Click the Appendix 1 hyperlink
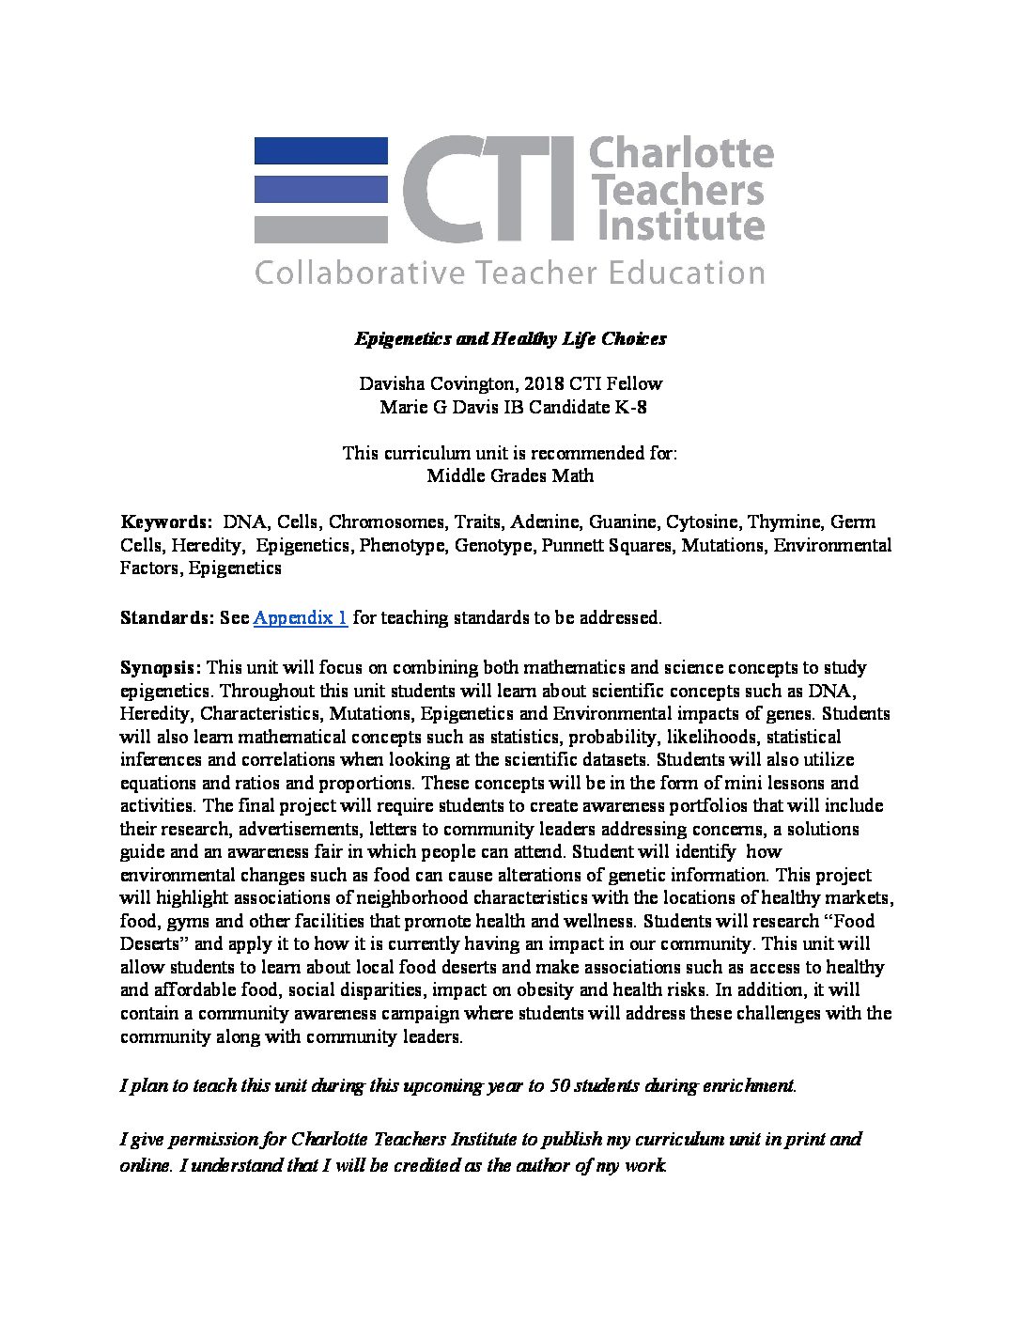(301, 618)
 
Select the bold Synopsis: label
(160, 668)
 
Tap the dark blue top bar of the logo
(320, 150)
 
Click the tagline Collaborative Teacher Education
(510, 273)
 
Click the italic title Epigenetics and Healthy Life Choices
(510, 338)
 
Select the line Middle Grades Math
(510, 475)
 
